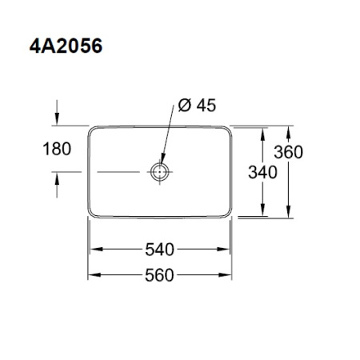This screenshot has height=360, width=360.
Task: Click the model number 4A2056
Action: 62,46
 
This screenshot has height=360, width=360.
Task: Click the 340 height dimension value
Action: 262,171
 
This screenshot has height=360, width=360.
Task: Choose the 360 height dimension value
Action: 288,153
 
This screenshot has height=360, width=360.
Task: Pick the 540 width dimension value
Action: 160,250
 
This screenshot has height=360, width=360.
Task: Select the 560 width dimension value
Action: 160,275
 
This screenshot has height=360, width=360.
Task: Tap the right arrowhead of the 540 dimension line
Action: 228,250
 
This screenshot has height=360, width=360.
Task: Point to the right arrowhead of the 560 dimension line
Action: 233,275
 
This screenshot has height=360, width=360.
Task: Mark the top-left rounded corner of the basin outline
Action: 90,129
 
